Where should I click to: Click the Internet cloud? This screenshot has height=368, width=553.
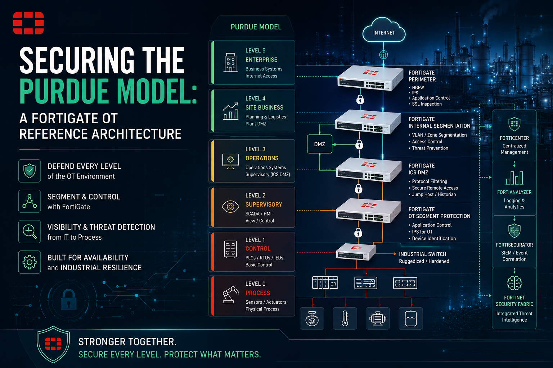384,30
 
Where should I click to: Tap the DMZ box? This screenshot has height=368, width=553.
319,144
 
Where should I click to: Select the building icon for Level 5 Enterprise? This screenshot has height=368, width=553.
230,63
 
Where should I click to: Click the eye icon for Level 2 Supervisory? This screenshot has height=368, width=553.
230,207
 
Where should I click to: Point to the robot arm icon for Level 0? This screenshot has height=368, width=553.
230,295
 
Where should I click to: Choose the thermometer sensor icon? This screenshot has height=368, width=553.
345,318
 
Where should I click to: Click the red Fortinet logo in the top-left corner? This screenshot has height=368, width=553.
28,23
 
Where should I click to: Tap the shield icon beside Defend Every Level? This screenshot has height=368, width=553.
30,171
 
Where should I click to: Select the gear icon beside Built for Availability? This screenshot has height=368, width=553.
30,262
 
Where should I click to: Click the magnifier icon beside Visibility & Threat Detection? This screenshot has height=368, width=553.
30,232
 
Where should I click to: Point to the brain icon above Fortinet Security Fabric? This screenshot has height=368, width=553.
514,283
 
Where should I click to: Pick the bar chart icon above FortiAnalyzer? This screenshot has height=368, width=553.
514,178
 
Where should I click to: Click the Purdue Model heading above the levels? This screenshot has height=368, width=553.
256,27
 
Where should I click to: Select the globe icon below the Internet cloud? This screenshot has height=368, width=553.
383,55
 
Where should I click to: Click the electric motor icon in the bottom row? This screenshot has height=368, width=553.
378,318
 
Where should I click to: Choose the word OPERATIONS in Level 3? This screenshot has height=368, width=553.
262,158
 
